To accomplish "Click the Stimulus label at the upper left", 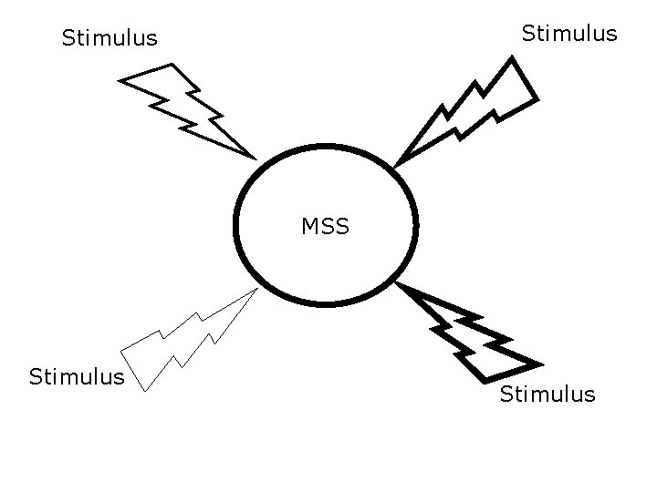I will tap(109, 38).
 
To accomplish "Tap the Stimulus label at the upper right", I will tap(569, 34).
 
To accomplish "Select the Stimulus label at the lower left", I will tap(77, 376).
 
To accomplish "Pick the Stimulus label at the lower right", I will tap(547, 394).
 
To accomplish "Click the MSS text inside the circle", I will tap(326, 226).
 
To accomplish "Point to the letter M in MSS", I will tap(310, 226).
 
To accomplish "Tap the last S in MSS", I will tap(342, 226).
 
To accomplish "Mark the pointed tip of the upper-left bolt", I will tap(255, 157).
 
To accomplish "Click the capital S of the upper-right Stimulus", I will tap(528, 34).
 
